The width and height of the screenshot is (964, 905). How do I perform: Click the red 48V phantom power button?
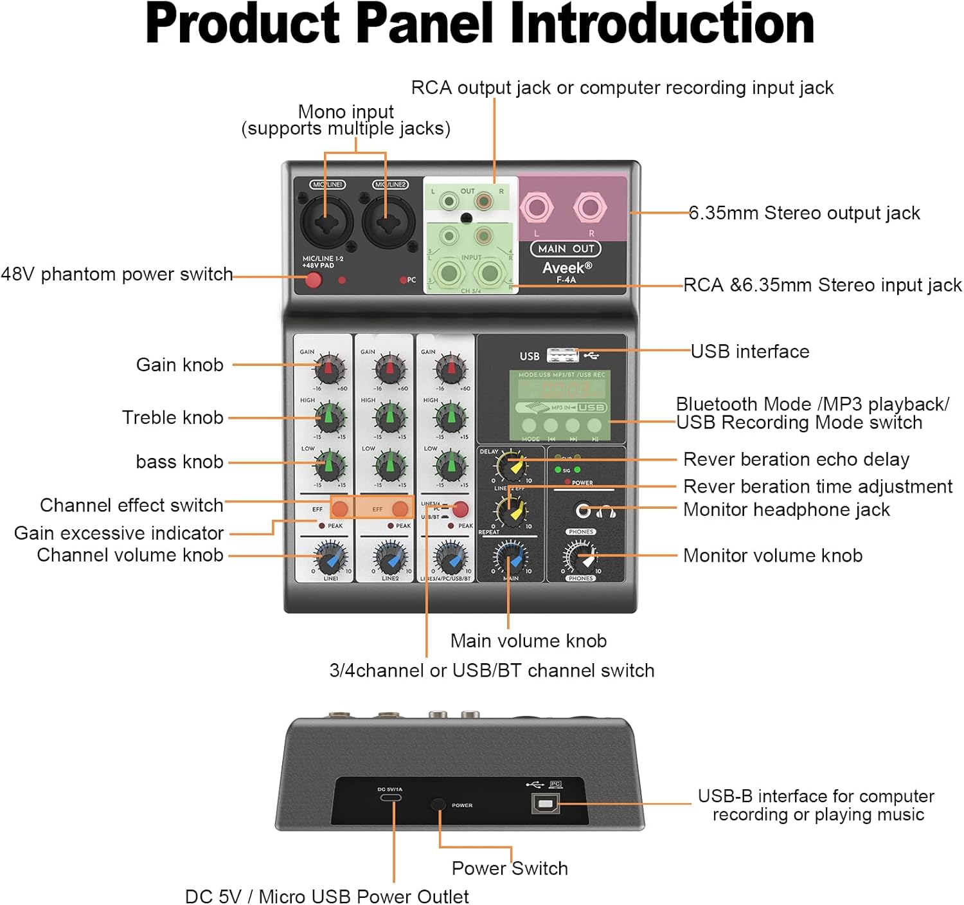pos(313,280)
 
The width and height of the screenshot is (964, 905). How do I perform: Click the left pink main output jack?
pos(536,207)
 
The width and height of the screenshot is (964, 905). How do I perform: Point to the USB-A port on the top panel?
pos(562,355)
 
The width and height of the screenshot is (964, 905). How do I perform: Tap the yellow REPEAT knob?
pos(511,511)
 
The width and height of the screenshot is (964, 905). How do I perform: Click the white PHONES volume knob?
pos(581,557)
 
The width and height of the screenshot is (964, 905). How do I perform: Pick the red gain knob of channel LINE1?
pos(328,369)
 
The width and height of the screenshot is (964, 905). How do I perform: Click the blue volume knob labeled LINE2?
pos(390,558)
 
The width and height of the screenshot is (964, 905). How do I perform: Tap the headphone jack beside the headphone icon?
pos(583,511)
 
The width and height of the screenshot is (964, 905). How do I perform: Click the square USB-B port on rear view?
pos(545,803)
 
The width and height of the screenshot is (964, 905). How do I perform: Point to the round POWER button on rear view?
pos(438,804)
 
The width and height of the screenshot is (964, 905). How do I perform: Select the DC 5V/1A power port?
pos(390,798)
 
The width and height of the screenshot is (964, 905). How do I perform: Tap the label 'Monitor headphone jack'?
pos(786,509)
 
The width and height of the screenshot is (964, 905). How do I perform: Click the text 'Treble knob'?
pos(172,417)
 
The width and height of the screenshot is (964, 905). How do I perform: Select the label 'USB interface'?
pos(749,351)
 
